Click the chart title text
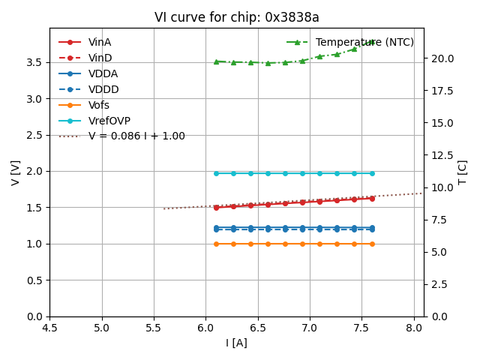click(x=236, y=17)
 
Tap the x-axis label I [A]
click(x=236, y=343)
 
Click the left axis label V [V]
click(x=16, y=172)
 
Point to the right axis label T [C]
click(x=463, y=172)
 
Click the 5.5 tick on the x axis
click(x=154, y=328)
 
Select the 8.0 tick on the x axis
click(x=414, y=328)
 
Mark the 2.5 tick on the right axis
click(x=439, y=284)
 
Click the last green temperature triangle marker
click(x=372, y=42)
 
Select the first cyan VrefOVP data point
click(x=216, y=173)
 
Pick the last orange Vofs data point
click(x=372, y=244)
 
